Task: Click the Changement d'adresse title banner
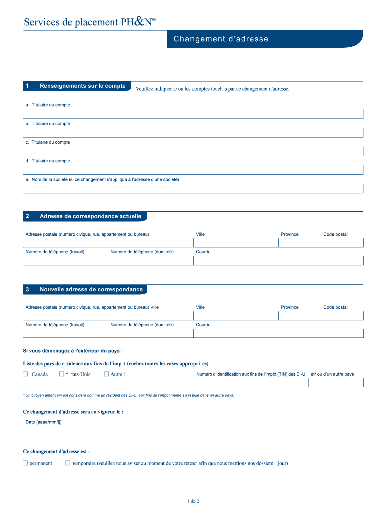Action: click(221, 39)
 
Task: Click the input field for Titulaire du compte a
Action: click(193, 114)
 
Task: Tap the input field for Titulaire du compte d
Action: click(193, 170)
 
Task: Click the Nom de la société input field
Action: click(193, 188)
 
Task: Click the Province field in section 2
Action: click(299, 243)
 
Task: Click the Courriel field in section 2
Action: click(278, 261)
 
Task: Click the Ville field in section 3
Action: click(235, 316)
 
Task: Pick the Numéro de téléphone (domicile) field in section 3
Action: click(150, 333)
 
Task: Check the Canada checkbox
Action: click(25, 374)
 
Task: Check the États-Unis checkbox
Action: click(61, 374)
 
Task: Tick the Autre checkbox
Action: click(106, 374)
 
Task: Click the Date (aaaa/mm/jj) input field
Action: click(65, 431)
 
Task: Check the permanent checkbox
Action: click(25, 463)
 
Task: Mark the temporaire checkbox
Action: click(68, 463)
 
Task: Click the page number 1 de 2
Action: click(193, 501)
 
